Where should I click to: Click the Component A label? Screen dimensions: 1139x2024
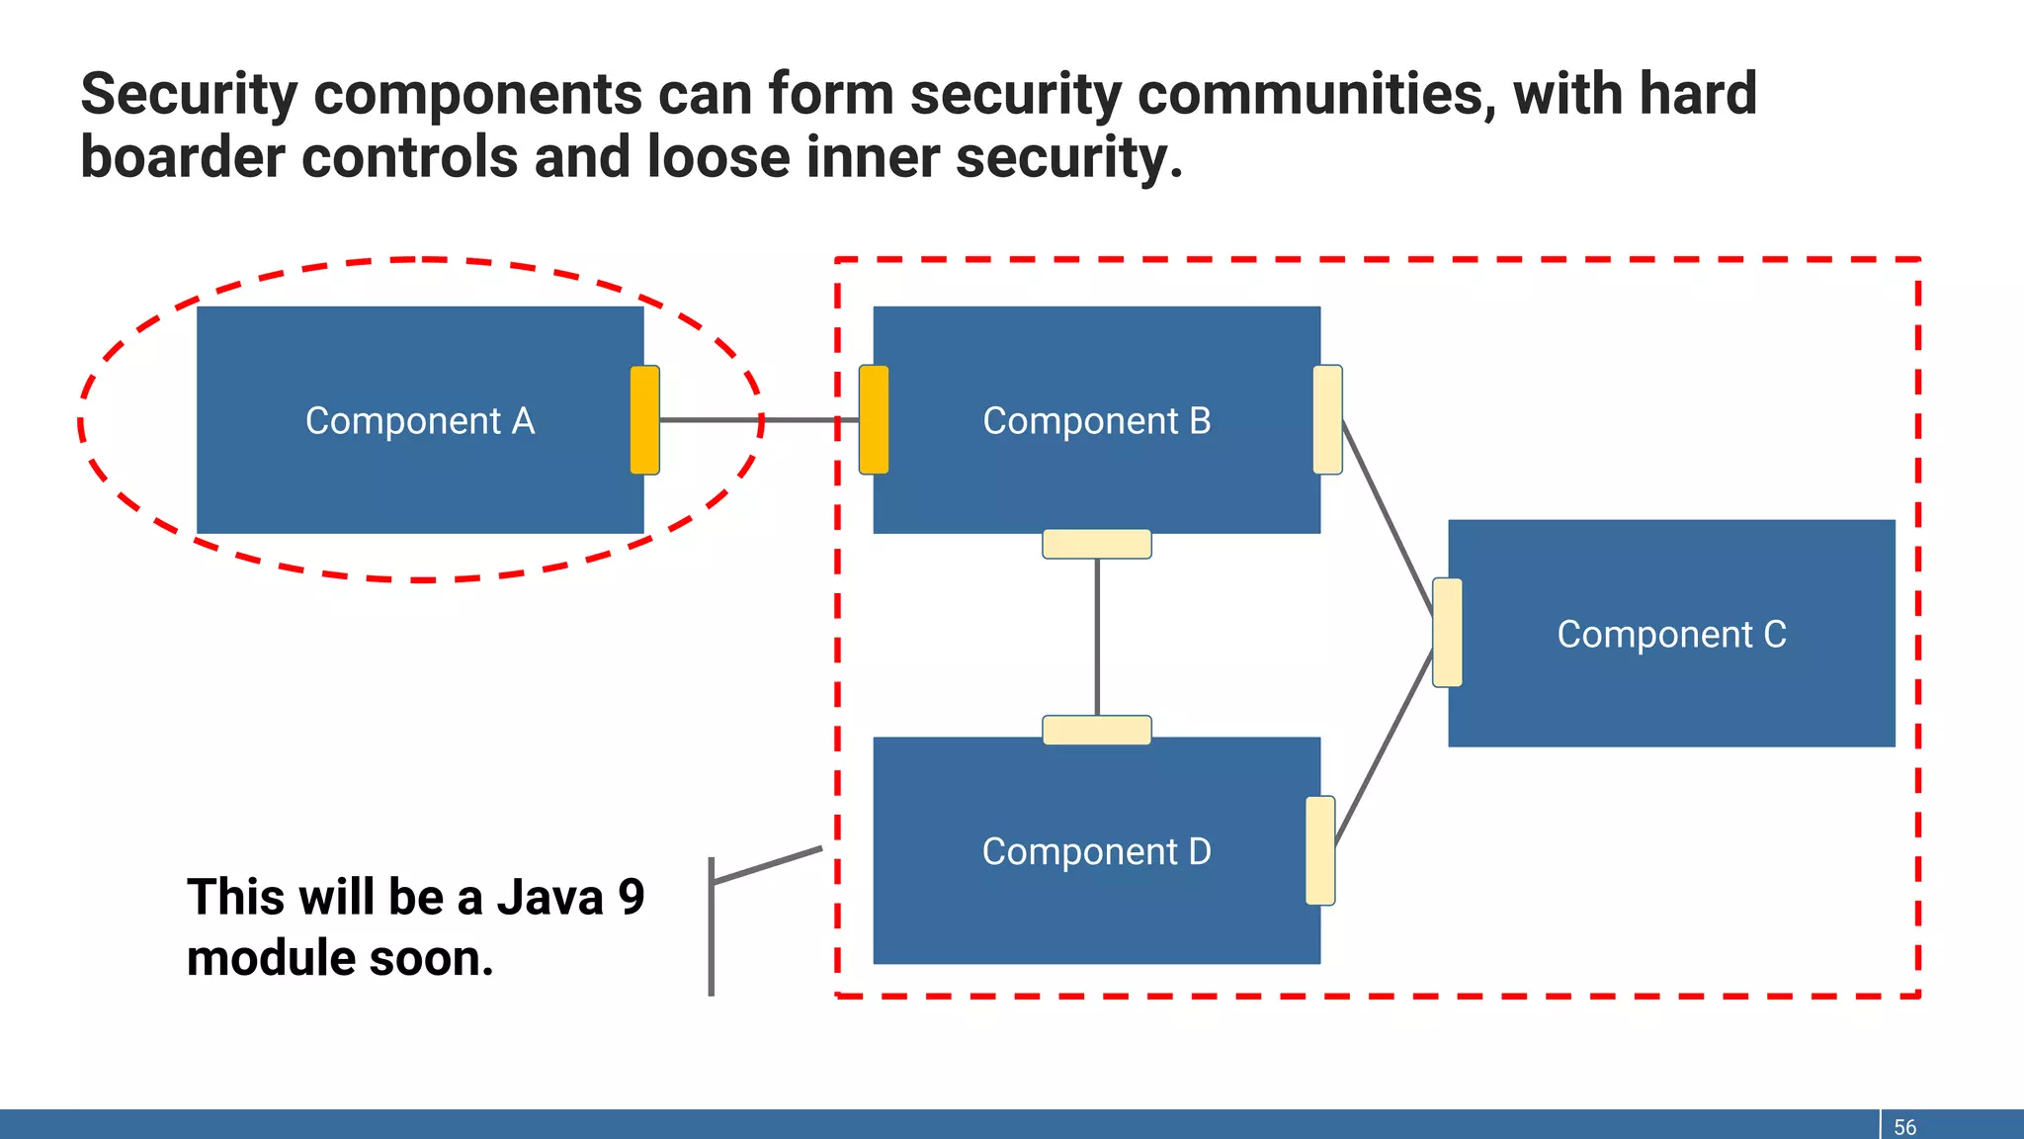[420, 421]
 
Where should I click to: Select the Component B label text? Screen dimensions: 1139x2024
[1096, 421]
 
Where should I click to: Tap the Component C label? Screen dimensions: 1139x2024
[1671, 635]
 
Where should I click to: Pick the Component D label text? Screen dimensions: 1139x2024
[1096, 852]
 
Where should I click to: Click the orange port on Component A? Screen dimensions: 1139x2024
[644, 420]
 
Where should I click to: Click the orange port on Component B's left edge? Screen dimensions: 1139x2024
[874, 420]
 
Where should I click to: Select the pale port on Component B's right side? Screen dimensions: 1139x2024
[1327, 420]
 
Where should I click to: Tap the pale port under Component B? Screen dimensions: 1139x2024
[1097, 544]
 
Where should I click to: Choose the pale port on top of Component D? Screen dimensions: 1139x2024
[1097, 730]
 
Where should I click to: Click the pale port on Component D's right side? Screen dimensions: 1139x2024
[1320, 850]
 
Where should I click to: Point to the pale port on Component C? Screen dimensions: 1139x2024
[1447, 633]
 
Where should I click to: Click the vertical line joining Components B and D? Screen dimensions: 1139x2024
[1097, 638]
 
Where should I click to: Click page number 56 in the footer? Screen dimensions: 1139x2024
[1904, 1127]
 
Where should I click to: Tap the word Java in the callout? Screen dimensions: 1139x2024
[549, 898]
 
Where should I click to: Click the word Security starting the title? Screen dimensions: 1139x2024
[189, 95]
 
